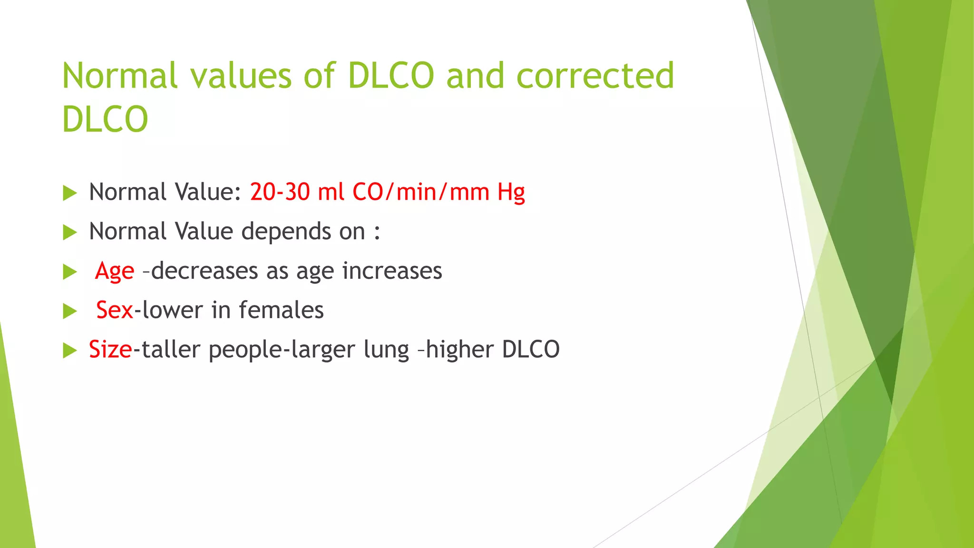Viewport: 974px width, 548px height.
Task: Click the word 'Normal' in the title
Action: pyautogui.click(x=120, y=76)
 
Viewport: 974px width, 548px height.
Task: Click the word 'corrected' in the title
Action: pyautogui.click(x=595, y=76)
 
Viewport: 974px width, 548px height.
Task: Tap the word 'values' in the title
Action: pyautogui.click(x=241, y=76)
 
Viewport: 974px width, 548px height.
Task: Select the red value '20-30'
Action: pyautogui.click(x=280, y=192)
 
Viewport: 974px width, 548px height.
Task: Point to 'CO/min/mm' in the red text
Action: pyautogui.click(x=420, y=192)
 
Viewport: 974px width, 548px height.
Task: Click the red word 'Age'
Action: pyautogui.click(x=115, y=272)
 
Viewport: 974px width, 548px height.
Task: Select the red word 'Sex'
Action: pyautogui.click(x=114, y=310)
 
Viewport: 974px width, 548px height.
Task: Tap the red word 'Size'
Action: pyautogui.click(x=110, y=350)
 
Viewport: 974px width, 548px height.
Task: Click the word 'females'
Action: pyautogui.click(x=281, y=310)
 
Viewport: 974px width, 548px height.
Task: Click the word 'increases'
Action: pyautogui.click(x=392, y=271)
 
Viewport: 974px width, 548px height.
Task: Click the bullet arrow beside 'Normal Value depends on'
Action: pyautogui.click(x=70, y=233)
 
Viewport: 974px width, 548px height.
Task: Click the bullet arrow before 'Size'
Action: pyautogui.click(x=70, y=351)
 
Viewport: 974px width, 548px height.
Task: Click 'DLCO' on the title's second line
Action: pyautogui.click(x=105, y=119)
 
